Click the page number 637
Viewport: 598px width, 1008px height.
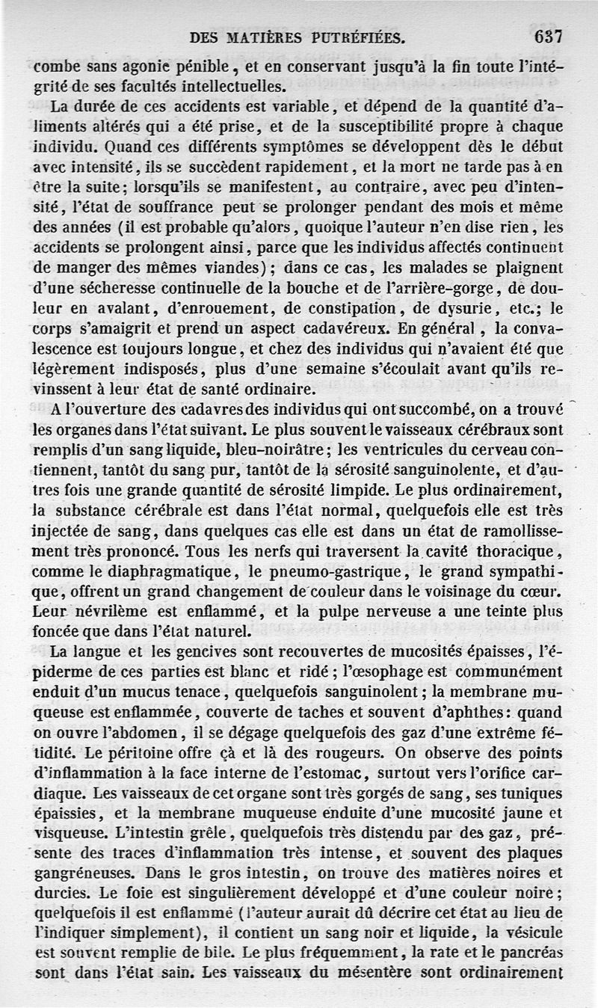point(548,36)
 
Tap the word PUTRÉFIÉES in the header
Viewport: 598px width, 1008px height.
point(351,37)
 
